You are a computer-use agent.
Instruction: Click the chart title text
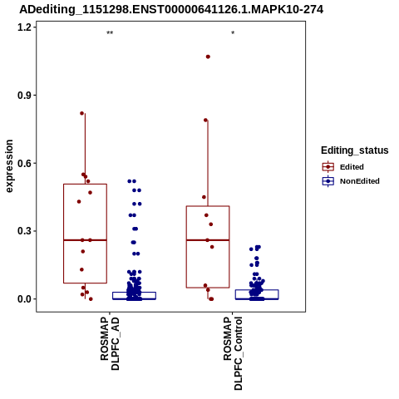[171, 9]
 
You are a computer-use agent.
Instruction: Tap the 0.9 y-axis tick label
[23, 96]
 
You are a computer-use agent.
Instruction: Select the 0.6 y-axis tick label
[23, 163]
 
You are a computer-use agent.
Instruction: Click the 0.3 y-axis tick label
[23, 231]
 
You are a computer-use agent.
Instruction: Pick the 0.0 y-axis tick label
[23, 299]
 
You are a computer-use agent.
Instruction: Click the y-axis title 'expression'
[9, 166]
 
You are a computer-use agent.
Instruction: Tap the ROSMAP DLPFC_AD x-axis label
[110, 343]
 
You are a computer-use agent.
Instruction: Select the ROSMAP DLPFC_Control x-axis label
[233, 353]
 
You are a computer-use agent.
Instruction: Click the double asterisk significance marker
[110, 33]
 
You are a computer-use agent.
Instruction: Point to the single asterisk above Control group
[233, 33]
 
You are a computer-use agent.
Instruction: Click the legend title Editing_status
[355, 150]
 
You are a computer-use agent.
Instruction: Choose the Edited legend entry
[343, 167]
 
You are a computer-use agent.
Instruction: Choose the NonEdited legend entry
[351, 181]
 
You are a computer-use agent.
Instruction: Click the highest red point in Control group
[208, 57]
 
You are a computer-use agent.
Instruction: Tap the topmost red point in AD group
[82, 113]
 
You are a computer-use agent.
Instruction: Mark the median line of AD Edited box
[85, 240]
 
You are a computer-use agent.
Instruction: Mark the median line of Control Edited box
[208, 240]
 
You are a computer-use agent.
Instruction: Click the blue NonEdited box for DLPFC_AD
[134, 292]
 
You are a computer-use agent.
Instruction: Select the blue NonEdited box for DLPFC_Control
[257, 290]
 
